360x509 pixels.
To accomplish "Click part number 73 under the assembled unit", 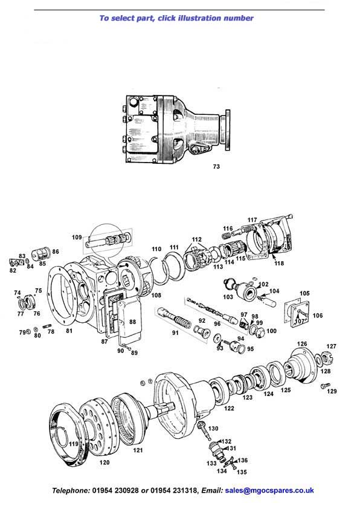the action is click(x=216, y=166).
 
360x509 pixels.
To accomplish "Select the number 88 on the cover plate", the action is click(x=132, y=322).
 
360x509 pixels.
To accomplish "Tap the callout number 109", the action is click(x=77, y=238).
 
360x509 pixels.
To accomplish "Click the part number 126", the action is click(x=302, y=344).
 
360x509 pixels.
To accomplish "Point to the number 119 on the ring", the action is click(x=74, y=444).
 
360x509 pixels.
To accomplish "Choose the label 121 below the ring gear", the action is click(x=138, y=450).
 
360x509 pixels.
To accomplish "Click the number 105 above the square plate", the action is click(x=304, y=293).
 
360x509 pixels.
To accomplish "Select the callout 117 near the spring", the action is click(x=252, y=220).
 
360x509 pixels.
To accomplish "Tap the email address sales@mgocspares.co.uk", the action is click(x=269, y=490).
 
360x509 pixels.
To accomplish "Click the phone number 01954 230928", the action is click(x=115, y=490).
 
